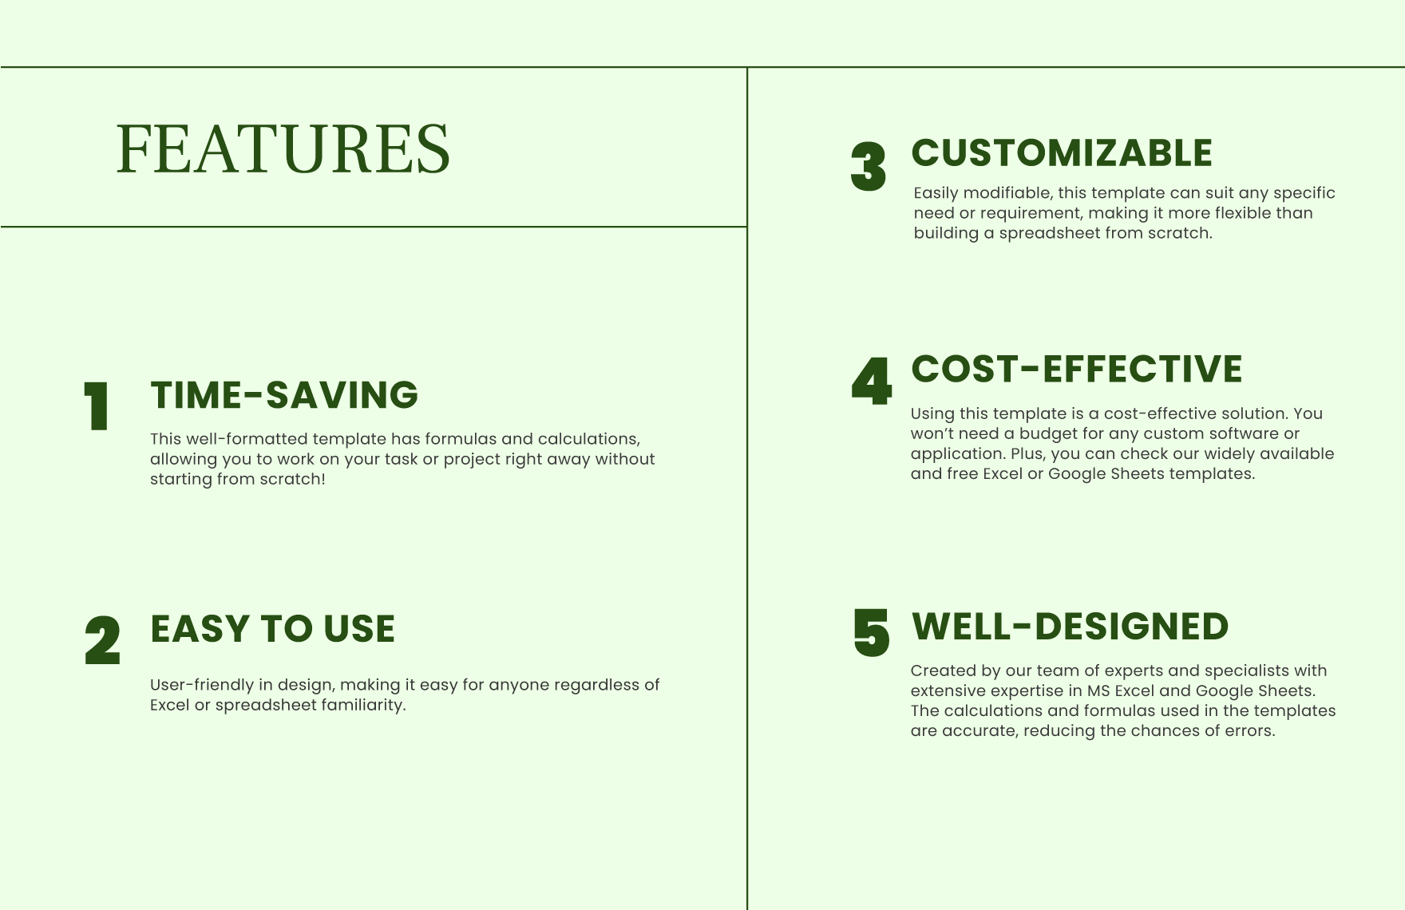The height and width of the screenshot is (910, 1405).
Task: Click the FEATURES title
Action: (x=283, y=148)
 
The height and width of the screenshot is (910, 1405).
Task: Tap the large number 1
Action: (x=97, y=407)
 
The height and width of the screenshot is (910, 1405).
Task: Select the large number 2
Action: (x=102, y=640)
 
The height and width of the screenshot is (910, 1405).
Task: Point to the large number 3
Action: (x=869, y=167)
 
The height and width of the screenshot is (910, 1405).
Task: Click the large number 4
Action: (x=871, y=382)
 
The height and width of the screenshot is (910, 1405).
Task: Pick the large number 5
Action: (x=871, y=633)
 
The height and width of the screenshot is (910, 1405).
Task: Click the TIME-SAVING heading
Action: (x=284, y=395)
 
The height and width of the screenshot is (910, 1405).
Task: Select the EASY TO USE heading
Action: (x=272, y=628)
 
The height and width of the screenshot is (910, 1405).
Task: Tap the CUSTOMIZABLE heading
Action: (x=1062, y=153)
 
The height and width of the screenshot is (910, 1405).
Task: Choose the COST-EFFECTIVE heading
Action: (x=1076, y=369)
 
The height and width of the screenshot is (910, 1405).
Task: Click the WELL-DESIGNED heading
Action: (x=1070, y=627)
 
